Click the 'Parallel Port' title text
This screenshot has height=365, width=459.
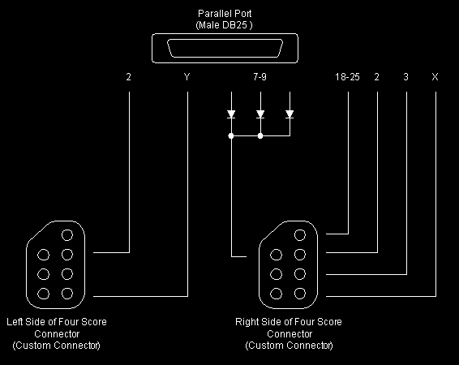tap(225, 14)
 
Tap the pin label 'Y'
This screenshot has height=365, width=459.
tap(187, 77)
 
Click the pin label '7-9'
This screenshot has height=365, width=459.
tap(260, 77)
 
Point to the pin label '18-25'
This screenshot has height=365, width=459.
tap(347, 77)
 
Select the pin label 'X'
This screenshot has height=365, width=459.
tap(435, 77)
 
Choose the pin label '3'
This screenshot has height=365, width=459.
tap(405, 77)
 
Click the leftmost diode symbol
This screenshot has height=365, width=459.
tap(231, 114)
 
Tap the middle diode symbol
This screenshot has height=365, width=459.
tap(260, 114)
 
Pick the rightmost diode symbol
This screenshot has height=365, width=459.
tap(290, 114)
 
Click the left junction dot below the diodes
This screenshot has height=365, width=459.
tap(231, 135)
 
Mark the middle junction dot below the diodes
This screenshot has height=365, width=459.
tap(260, 135)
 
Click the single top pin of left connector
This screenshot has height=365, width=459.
tap(67, 235)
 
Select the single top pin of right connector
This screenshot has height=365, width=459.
tap(300, 235)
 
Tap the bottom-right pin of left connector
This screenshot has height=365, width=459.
tap(67, 294)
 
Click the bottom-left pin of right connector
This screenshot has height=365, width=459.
tap(276, 294)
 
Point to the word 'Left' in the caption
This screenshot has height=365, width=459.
tap(15, 322)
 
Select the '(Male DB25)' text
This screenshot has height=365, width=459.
tap(224, 25)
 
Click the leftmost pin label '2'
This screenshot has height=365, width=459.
tap(128, 77)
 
